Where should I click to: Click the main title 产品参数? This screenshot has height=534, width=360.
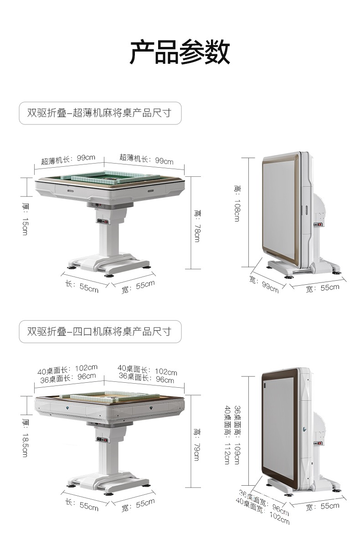click(180, 51)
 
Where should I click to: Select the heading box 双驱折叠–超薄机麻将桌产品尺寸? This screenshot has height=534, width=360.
click(100, 113)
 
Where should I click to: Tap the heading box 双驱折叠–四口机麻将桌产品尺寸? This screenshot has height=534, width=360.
click(100, 331)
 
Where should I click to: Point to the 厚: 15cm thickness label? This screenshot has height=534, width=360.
click(26, 219)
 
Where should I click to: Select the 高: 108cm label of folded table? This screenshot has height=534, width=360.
click(237, 203)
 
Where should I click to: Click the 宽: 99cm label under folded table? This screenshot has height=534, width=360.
click(264, 284)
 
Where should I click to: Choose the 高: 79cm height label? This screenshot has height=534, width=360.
click(197, 444)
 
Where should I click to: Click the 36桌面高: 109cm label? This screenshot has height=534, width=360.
click(237, 435)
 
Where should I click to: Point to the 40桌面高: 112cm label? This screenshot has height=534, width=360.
click(226, 435)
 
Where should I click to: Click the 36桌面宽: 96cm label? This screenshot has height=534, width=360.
click(264, 501)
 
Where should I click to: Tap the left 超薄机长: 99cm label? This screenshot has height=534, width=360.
click(68, 159)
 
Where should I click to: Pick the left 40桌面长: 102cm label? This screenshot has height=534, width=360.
click(67, 370)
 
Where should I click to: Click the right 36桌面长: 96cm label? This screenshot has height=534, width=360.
click(146, 378)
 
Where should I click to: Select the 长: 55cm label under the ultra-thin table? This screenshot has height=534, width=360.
click(82, 286)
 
